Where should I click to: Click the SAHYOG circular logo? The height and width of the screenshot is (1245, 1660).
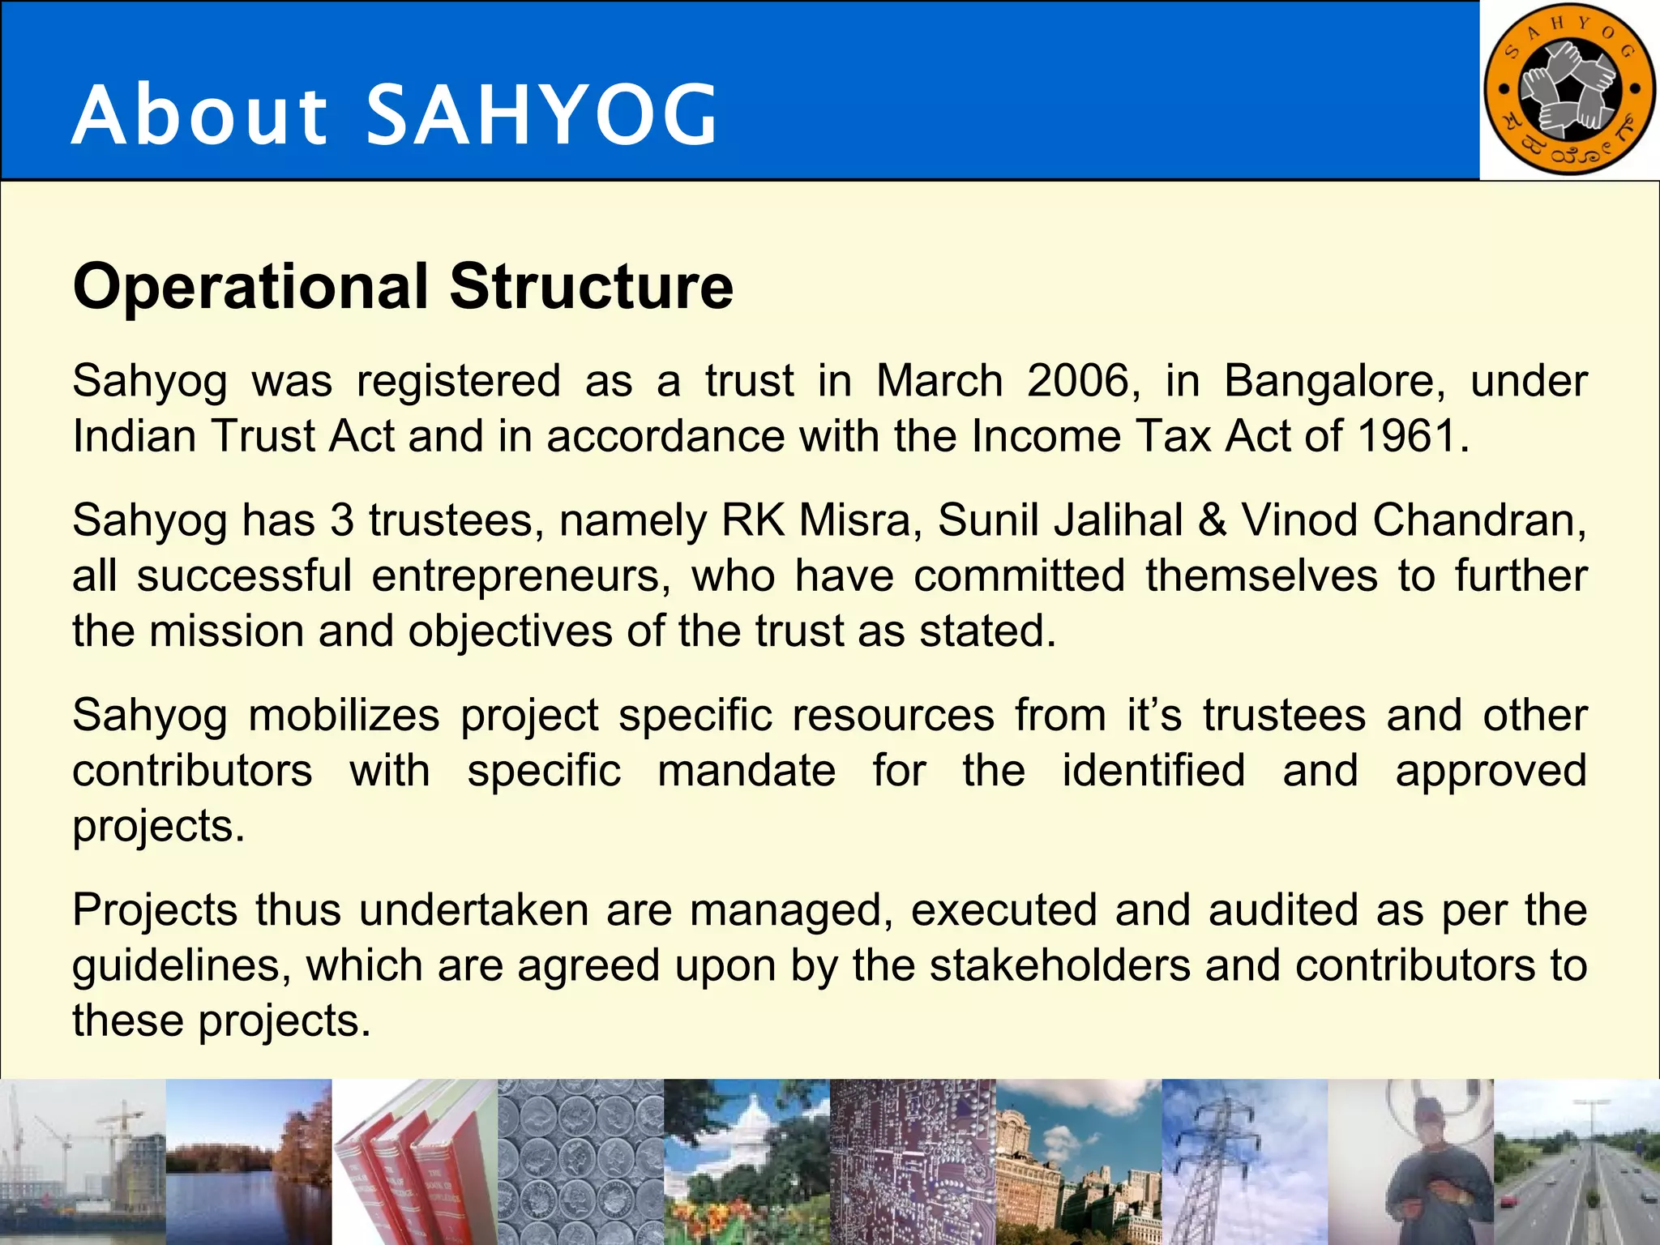[1568, 89]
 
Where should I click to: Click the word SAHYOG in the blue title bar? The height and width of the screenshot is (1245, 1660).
[542, 116]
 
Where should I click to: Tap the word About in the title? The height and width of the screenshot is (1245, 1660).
[199, 116]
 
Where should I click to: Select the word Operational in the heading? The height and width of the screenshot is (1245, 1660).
[250, 287]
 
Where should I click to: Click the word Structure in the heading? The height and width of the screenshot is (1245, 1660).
[592, 287]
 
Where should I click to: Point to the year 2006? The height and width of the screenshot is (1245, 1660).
[1078, 381]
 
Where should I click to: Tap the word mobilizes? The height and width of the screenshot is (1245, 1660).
[344, 716]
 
